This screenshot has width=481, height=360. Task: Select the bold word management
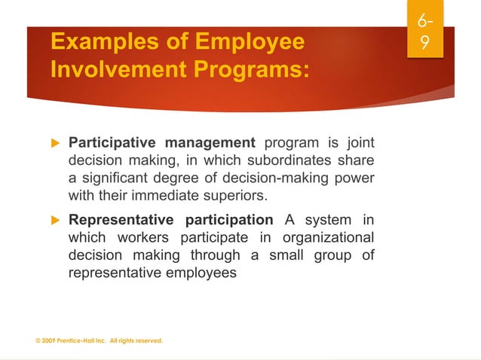click(x=210, y=143)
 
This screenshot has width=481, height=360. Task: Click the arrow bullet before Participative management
click(x=56, y=143)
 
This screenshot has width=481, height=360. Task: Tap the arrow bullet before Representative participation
click(x=56, y=221)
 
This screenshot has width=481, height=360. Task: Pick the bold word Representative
click(x=123, y=221)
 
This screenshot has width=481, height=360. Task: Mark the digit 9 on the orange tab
click(x=425, y=44)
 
